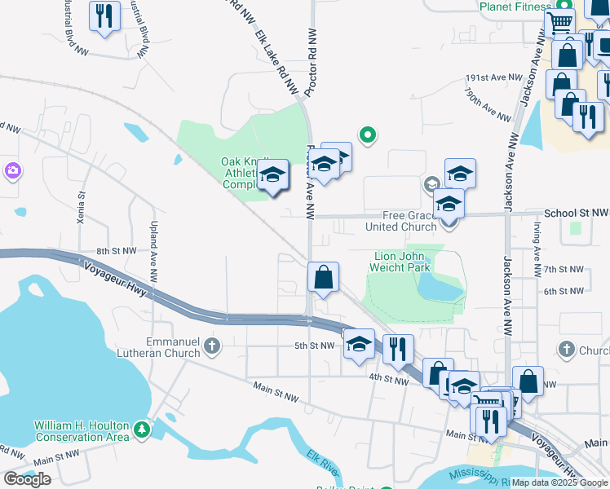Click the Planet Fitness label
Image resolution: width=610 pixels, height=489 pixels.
tap(515, 7)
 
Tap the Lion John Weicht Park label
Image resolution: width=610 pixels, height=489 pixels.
tap(400, 262)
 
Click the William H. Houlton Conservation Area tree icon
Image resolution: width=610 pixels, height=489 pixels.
tap(143, 429)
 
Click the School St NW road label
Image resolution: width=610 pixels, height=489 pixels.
tap(576, 212)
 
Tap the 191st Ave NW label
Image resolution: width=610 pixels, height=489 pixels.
tap(493, 77)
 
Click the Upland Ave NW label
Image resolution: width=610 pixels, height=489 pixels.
tap(152, 244)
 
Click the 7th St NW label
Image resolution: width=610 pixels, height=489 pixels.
tap(564, 269)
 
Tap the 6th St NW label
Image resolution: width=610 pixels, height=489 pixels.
tap(564, 291)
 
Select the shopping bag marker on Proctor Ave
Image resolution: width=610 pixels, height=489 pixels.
tap(324, 277)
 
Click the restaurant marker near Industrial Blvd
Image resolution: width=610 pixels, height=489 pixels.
tap(104, 16)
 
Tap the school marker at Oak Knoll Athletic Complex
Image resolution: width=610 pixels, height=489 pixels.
tap(273, 174)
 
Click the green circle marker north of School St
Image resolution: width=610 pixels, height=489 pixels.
tap(368, 134)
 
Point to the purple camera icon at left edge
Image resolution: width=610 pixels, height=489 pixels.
tap(11, 170)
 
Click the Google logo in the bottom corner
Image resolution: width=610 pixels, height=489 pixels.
tap(27, 478)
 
